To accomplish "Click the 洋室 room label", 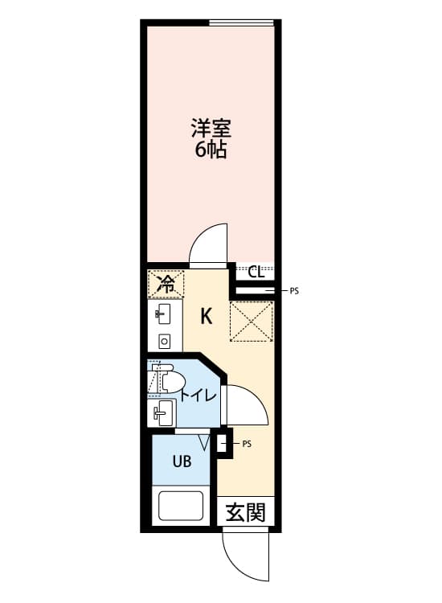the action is pos(211,129).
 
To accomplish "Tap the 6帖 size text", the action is pos(211,150).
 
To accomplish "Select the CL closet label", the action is pos(256,273).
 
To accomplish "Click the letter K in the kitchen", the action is pos(207,317).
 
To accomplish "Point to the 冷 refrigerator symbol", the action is pos(166,284).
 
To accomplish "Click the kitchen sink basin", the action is pos(164,314).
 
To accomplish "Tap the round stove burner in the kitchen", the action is pos(165,341).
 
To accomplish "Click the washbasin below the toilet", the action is pos(163,413).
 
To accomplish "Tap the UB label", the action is pos(182,461).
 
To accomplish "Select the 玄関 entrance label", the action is pos(245,513).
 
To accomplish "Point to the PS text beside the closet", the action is pos(294,291).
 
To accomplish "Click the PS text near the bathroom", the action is pos(247,444).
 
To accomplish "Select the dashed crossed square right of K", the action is pos(251,322).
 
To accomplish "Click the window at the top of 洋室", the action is pos(241,23).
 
